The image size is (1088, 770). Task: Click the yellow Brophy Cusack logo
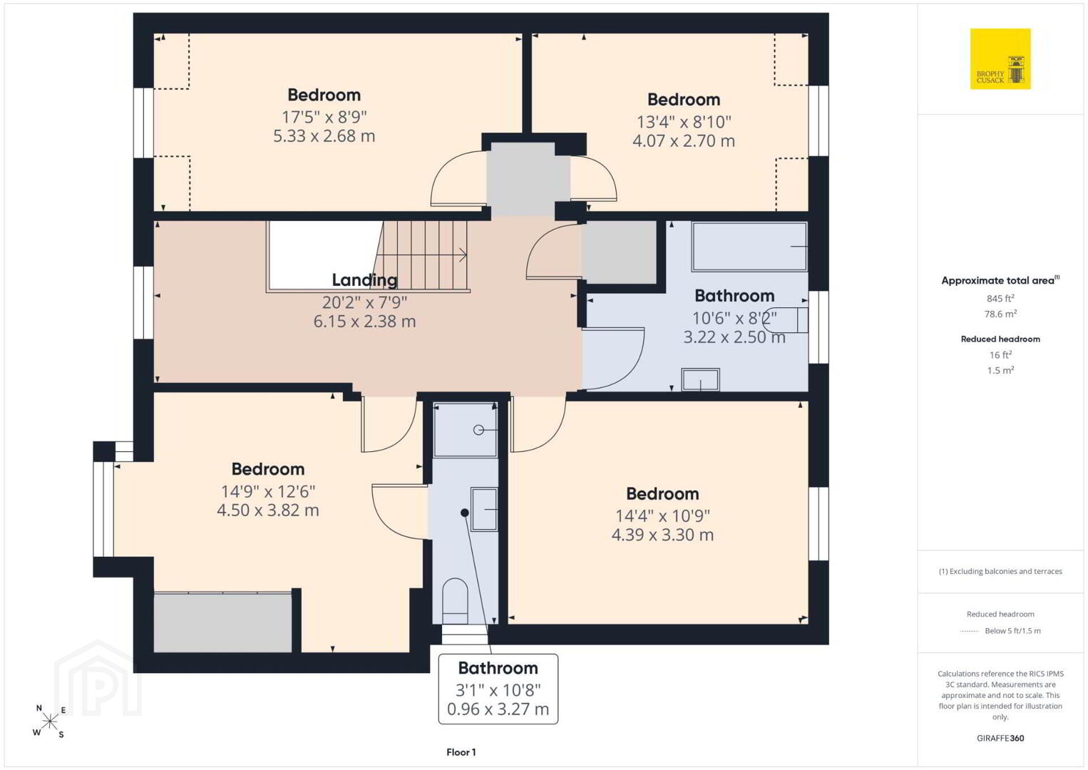(x=1000, y=58)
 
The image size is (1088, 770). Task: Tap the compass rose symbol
(x=49, y=722)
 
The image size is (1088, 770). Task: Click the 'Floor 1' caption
(x=461, y=752)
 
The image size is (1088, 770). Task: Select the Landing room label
(x=364, y=279)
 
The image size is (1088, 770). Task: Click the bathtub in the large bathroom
(x=749, y=246)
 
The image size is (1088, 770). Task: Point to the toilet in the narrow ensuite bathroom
(x=455, y=600)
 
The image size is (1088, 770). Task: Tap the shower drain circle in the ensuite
(x=478, y=430)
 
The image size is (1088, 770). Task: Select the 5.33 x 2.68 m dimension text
(x=324, y=136)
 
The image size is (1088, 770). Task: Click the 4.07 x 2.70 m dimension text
(x=684, y=141)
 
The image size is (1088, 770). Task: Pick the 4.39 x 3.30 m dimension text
(x=662, y=535)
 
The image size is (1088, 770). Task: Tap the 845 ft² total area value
(x=1000, y=298)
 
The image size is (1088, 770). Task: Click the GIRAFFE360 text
(x=1000, y=739)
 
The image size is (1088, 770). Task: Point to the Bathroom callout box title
(x=498, y=668)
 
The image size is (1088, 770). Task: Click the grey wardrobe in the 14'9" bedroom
(x=223, y=622)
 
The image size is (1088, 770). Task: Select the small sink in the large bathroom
(x=700, y=379)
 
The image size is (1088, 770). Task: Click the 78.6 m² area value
(x=1000, y=314)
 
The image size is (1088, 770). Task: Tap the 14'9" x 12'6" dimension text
(x=268, y=492)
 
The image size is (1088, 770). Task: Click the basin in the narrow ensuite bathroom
(x=484, y=509)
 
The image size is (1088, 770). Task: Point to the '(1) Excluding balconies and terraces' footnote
(x=1000, y=571)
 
